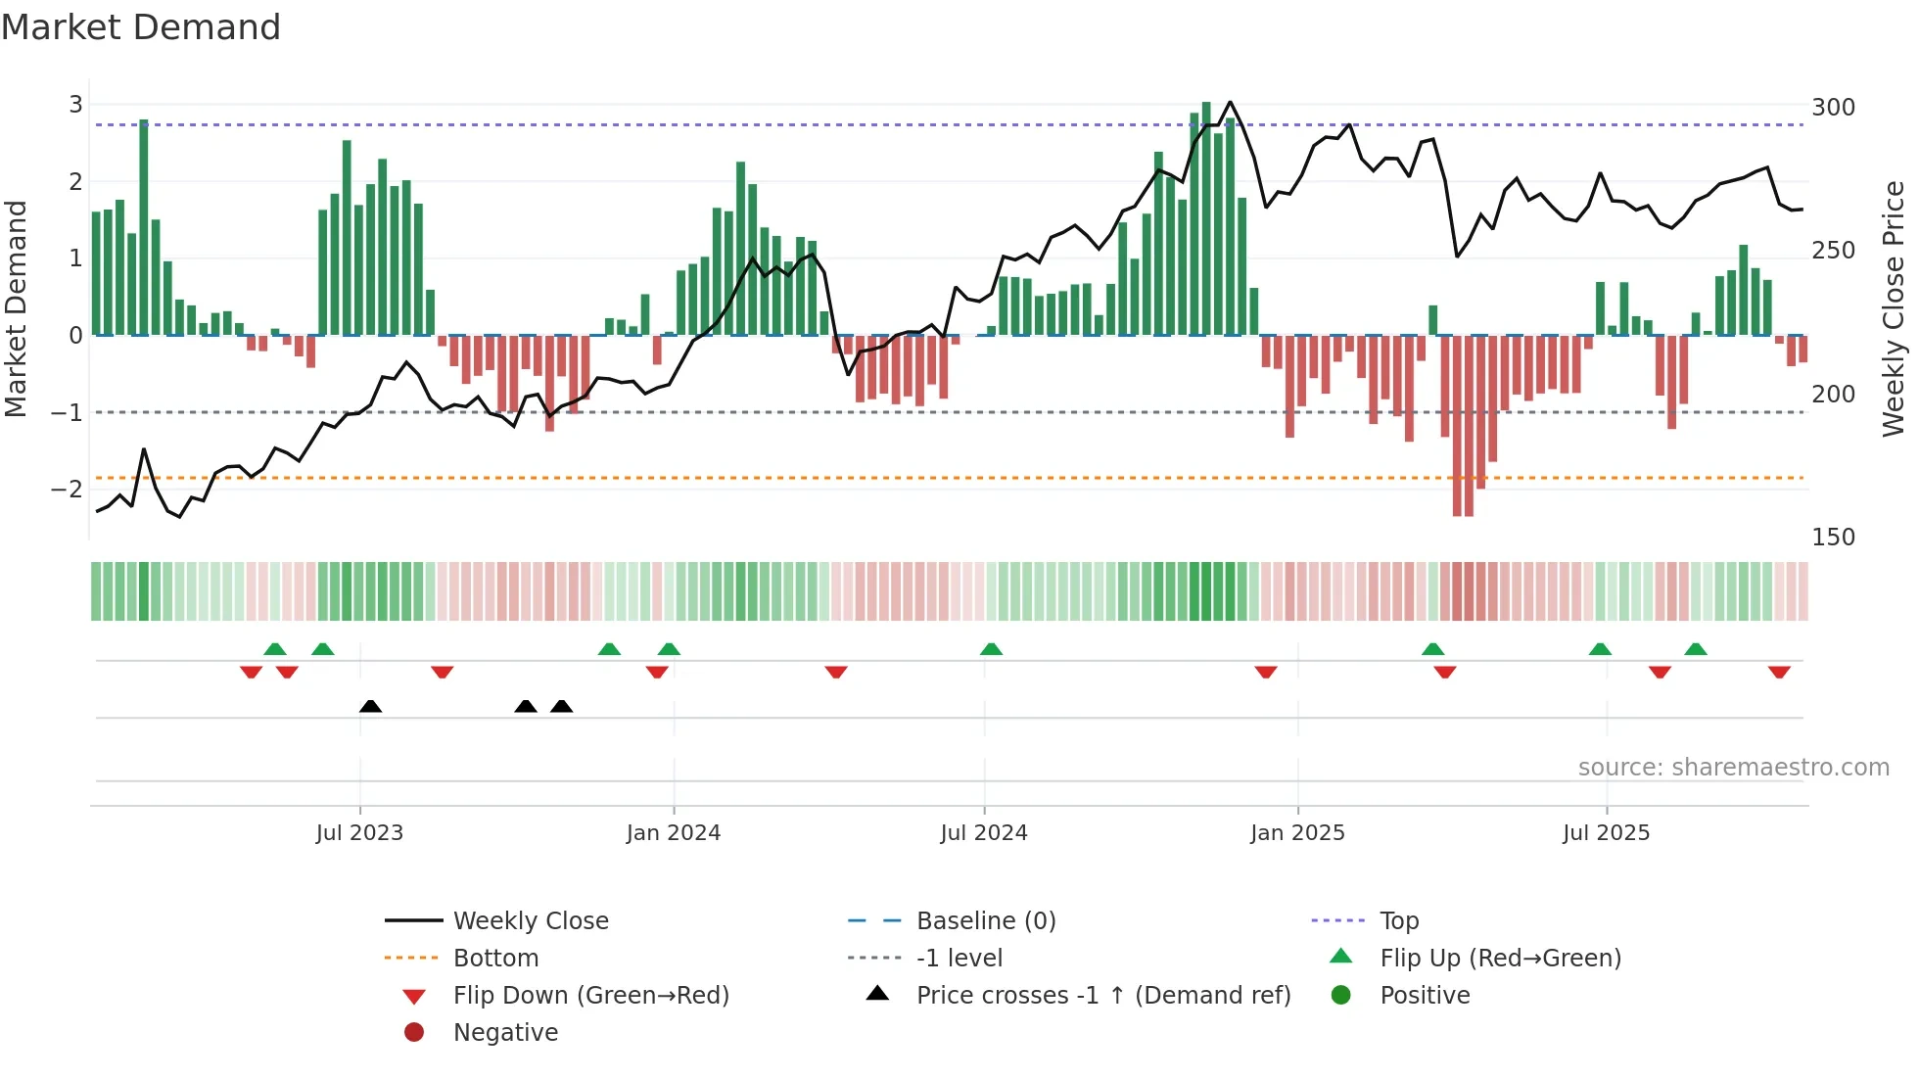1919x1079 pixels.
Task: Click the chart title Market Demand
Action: point(141,27)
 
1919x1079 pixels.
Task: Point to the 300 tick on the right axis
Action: point(1833,107)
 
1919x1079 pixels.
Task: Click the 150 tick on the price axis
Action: point(1833,537)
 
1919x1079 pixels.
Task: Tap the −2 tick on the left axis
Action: point(67,489)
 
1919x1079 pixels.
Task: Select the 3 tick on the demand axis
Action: point(75,105)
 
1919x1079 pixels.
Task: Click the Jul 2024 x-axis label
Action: point(984,833)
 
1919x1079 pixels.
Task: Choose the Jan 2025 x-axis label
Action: point(1297,833)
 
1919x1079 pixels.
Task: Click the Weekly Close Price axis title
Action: point(1894,308)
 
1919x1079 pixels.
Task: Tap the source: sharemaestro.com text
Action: point(1733,768)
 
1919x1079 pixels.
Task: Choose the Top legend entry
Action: point(1399,921)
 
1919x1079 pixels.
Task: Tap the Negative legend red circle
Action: point(414,1033)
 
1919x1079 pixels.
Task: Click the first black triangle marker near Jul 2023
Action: point(370,706)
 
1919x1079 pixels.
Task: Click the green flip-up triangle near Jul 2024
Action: point(991,649)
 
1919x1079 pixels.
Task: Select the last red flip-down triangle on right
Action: point(1779,672)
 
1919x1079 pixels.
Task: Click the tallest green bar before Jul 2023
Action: point(144,227)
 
